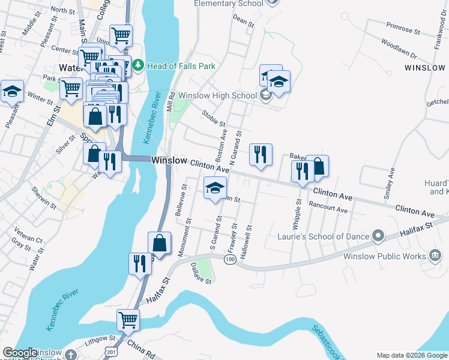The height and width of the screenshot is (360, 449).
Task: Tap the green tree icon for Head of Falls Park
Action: pos(138,64)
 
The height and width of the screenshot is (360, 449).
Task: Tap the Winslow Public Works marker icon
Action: pos(435,256)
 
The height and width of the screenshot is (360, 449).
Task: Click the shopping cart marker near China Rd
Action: pos(128,319)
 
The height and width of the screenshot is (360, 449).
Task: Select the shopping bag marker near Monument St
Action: pos(160,243)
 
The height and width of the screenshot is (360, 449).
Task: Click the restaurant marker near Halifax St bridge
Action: pos(140,263)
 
